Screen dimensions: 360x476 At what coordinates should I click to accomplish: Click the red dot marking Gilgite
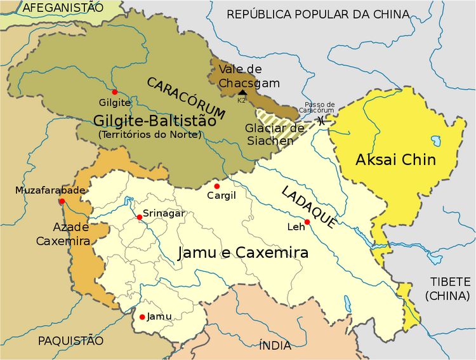pos(114,92)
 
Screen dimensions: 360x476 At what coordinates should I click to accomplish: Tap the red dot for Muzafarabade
pos(62,201)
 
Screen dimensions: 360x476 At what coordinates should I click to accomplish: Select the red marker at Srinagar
pos(139,217)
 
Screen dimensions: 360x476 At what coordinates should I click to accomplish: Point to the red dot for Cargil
pos(216,186)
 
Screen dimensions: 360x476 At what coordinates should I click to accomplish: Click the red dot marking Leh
pos(307,222)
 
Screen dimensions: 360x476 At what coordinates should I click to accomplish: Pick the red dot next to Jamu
pos(142,316)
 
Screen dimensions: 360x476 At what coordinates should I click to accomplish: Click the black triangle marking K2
pos(242,93)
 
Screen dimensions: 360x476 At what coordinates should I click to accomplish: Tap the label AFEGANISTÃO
pos(62,8)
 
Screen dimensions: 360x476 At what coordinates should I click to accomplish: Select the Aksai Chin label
pos(396,159)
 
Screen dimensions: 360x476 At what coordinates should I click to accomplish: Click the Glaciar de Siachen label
pos(269,134)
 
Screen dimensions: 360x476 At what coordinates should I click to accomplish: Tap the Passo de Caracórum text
pos(319,107)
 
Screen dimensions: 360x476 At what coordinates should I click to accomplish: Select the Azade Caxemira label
pos(63,234)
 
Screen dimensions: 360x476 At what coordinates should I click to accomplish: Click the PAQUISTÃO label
pos(70,341)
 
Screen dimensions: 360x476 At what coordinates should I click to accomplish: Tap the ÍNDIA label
pos(275,345)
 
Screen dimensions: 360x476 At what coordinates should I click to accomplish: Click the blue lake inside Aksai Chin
pos(436,139)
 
